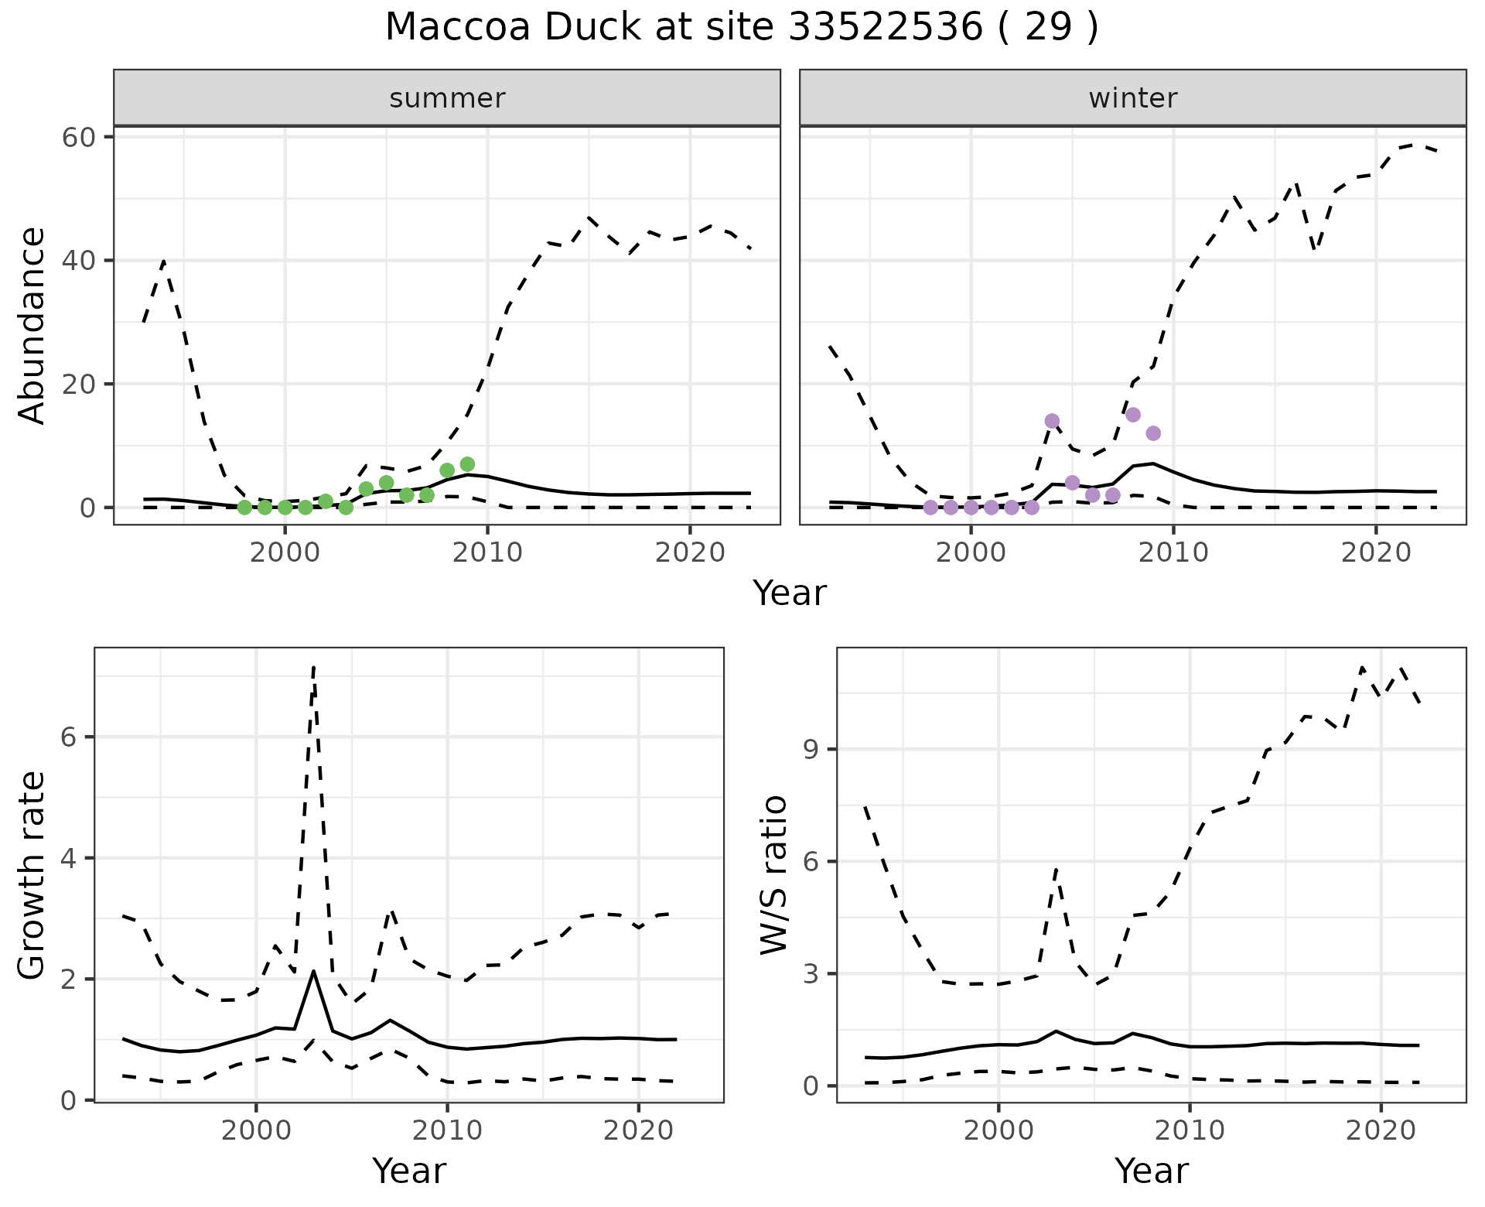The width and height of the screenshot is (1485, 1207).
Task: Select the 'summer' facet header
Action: click(x=447, y=98)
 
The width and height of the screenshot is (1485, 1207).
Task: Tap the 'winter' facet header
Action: click(x=1132, y=98)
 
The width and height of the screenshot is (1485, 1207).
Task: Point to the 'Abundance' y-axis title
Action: click(x=32, y=325)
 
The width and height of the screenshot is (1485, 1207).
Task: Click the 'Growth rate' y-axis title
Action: click(x=32, y=875)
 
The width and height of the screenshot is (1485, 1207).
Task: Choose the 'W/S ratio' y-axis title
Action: click(x=774, y=875)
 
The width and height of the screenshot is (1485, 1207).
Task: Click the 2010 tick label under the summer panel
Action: click(x=487, y=552)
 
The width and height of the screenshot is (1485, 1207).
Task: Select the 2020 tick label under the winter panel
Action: click(x=1375, y=552)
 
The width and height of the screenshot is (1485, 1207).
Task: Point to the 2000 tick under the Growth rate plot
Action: click(x=256, y=1130)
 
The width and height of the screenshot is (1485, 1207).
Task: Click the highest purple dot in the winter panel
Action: click(x=1133, y=415)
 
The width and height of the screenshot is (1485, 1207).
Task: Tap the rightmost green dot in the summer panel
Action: click(x=467, y=464)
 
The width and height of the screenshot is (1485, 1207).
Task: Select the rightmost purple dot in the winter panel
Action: click(x=1153, y=433)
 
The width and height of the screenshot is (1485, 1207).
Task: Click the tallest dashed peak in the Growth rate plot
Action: click(x=313, y=666)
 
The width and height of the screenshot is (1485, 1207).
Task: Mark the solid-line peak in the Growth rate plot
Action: click(x=313, y=971)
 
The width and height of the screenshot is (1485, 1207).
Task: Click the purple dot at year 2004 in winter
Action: click(x=1052, y=421)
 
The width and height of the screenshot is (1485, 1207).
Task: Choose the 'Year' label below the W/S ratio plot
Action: click(x=1151, y=1171)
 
